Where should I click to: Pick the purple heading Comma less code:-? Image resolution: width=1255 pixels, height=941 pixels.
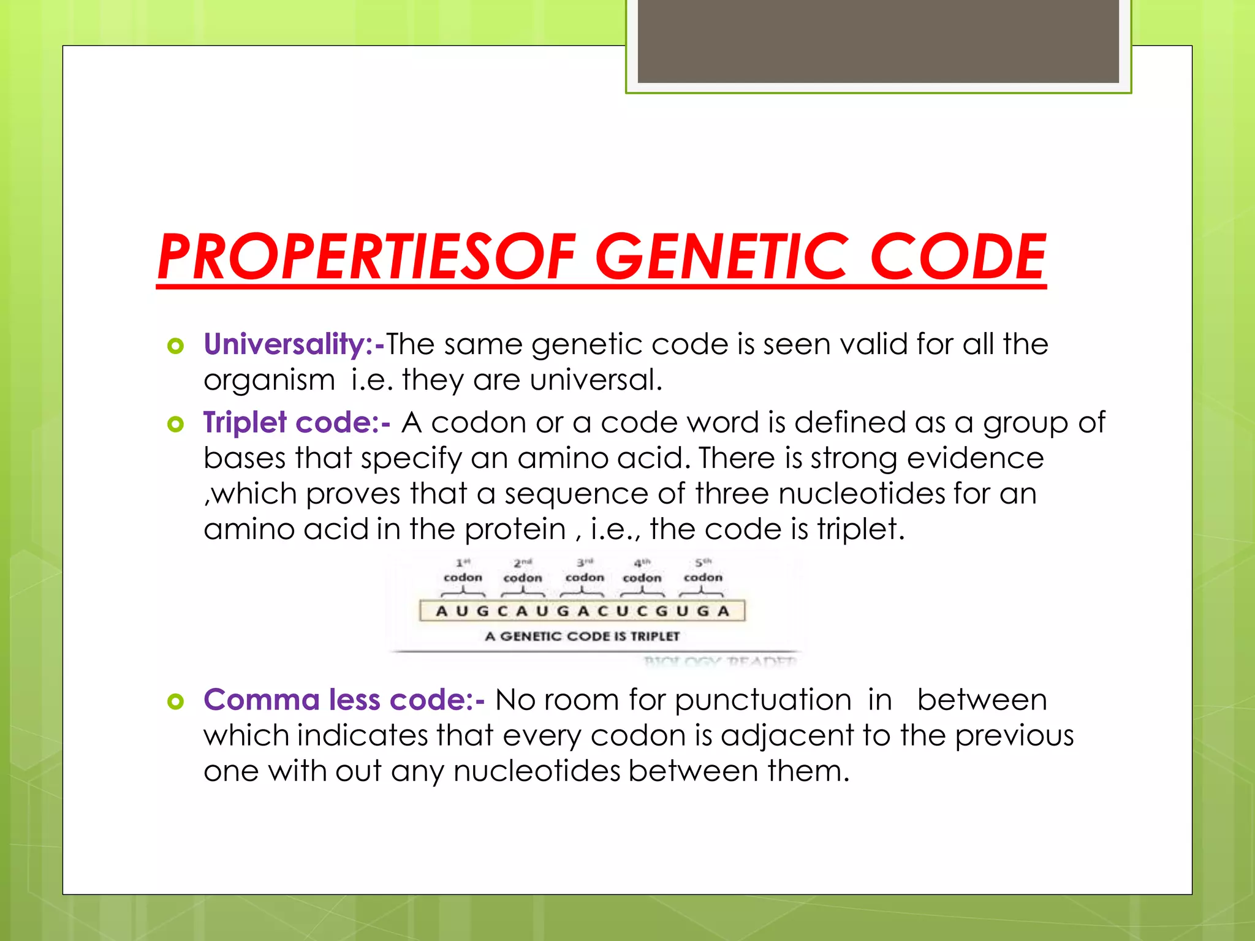tap(344, 700)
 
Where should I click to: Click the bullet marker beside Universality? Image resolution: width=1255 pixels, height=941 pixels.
tap(175, 346)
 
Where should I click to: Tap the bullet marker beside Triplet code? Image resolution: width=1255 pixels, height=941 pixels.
tap(175, 424)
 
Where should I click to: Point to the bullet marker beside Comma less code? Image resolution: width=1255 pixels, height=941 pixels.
tap(175, 701)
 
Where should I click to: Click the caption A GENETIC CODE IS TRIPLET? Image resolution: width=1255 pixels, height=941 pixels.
tap(582, 637)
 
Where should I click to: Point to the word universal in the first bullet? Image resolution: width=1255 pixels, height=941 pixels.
tap(596, 380)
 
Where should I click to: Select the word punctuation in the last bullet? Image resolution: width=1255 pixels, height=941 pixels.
tap(763, 700)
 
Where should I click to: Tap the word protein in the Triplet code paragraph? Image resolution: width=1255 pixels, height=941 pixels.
tap(515, 529)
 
